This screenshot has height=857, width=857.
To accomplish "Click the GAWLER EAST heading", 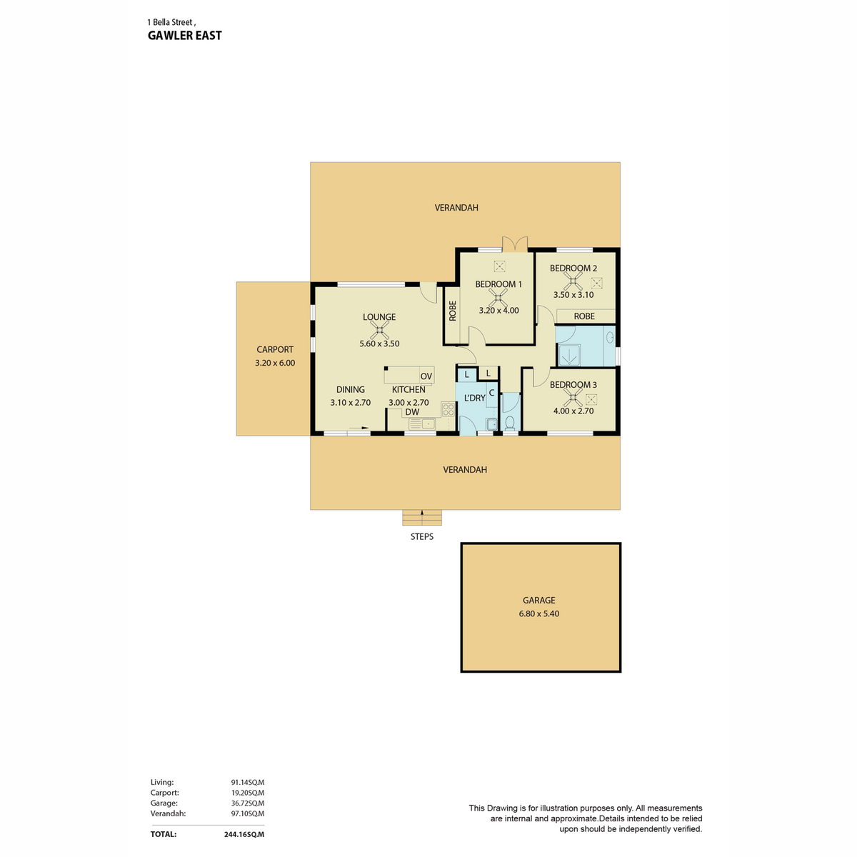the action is tap(184, 36).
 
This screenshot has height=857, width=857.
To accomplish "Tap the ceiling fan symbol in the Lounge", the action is tap(379, 330).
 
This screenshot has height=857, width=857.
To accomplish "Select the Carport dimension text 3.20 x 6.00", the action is tap(275, 363).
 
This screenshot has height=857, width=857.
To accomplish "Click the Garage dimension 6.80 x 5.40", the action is tap(539, 613).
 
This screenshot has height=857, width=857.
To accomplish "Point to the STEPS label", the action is tap(421, 537).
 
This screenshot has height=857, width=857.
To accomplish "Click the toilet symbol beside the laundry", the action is tap(510, 423).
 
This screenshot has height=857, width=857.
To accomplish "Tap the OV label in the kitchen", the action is tap(426, 376).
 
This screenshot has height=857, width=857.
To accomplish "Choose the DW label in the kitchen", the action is tap(412, 412).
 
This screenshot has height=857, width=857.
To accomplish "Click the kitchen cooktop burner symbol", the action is tap(448, 409).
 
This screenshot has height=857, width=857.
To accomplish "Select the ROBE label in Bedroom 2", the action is tap(584, 316).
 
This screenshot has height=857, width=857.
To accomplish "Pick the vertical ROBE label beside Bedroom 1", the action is tap(453, 311).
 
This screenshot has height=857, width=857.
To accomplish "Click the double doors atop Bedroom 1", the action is tap(515, 244).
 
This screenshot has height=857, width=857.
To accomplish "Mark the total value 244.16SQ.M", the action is tap(244, 834).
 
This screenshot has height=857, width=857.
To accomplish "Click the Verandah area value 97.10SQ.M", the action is tap(247, 813).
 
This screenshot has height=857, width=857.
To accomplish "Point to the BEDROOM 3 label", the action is tap(573, 385).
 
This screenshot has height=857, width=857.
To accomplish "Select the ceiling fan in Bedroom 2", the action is tap(573, 281).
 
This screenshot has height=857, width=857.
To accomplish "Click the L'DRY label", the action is tap(474, 398).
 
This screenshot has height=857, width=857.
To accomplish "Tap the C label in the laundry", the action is tap(491, 393).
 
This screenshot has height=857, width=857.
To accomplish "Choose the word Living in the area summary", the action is tap(162, 782).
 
